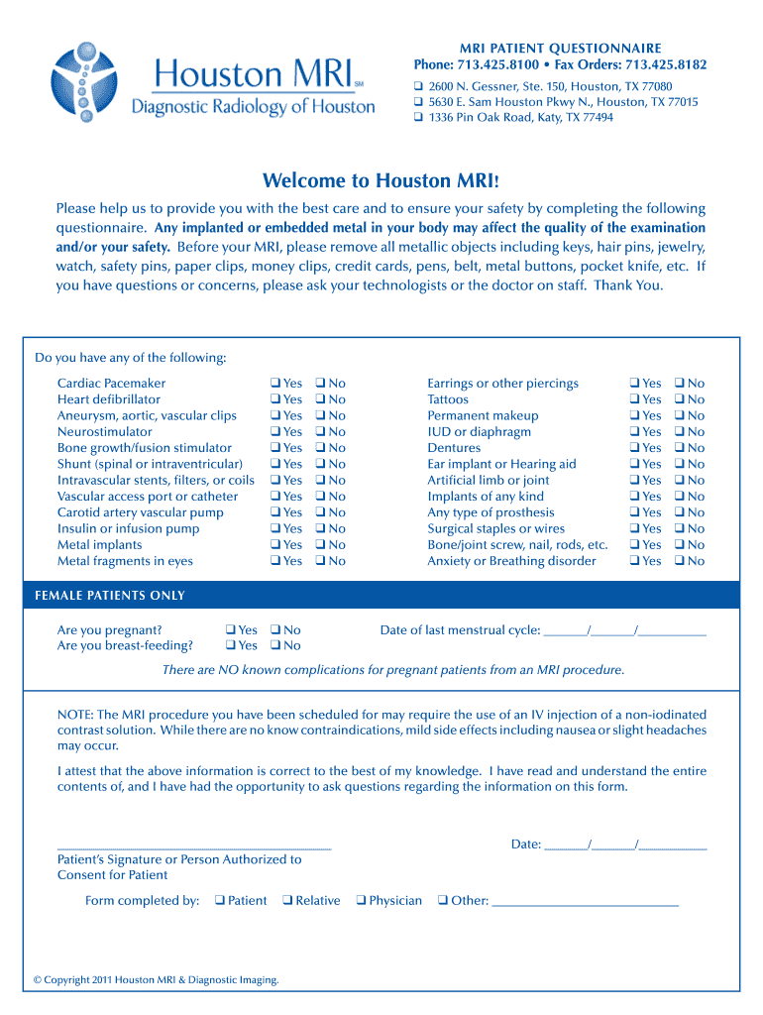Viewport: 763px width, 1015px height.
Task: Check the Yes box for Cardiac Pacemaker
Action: point(274,384)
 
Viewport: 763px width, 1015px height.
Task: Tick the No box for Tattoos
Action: point(680,399)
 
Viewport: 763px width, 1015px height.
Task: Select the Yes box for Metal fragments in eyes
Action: point(274,561)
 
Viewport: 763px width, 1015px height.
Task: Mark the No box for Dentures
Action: point(680,448)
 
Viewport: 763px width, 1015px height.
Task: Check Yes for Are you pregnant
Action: point(230,629)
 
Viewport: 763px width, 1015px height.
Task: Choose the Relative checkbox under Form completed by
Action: point(286,901)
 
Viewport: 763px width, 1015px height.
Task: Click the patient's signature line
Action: point(194,846)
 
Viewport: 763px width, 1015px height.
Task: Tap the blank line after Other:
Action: point(585,903)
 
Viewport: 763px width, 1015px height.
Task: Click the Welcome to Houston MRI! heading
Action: point(381,180)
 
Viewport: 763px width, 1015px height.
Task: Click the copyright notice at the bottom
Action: point(156,980)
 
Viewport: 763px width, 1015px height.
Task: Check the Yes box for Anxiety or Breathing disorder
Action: point(635,561)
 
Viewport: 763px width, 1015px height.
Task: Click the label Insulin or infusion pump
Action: point(128,528)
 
